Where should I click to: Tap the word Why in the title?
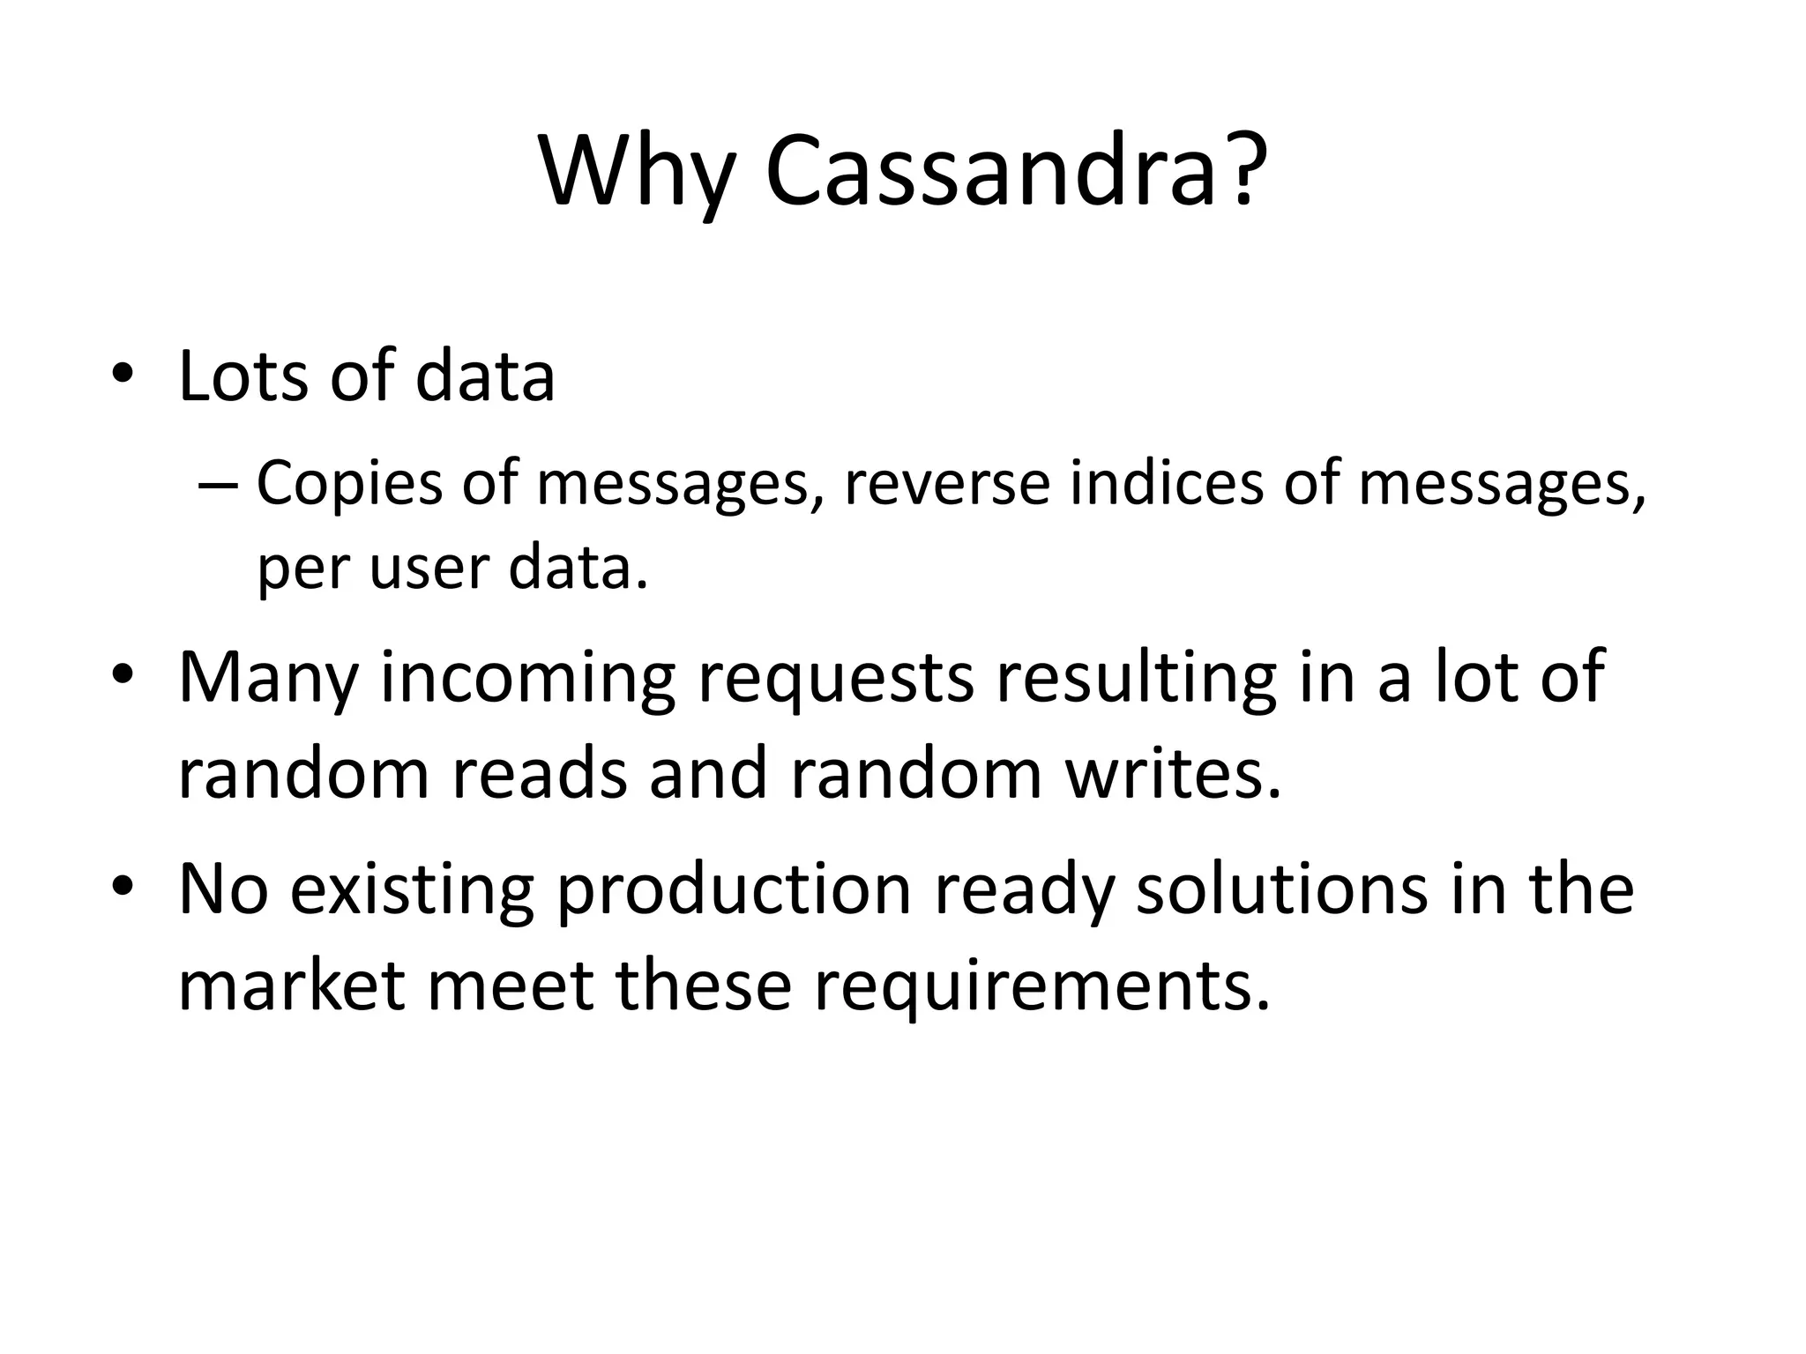coord(635,172)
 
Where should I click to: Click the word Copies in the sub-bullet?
coord(348,486)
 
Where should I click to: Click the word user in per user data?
coord(428,569)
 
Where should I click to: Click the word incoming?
coord(526,680)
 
